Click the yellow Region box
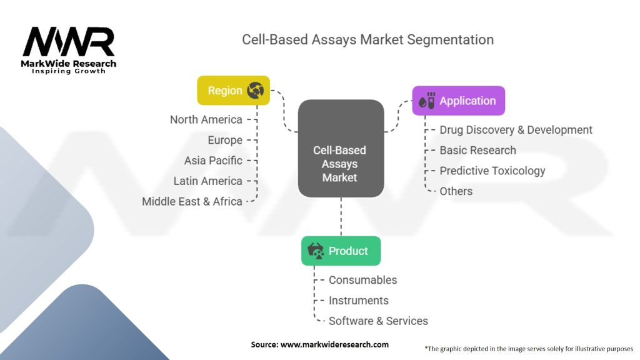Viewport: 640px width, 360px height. point(233,91)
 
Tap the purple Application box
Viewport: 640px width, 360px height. point(458,101)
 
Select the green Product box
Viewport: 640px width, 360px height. point(341,251)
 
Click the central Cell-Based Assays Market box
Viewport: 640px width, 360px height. point(341,164)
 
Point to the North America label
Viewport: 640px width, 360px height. point(206,119)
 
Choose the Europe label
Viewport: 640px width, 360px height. point(225,140)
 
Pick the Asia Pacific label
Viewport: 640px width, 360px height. point(213,161)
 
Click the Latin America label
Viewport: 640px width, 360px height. point(207,181)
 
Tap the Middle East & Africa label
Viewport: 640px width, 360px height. point(192,201)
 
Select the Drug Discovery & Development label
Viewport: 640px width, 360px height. point(516,130)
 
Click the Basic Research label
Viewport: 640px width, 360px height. point(477,150)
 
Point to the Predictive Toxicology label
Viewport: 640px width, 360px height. point(492,171)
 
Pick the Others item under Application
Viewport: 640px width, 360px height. point(456,191)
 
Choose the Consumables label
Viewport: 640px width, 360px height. point(362,280)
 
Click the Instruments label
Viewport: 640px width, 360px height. point(358,301)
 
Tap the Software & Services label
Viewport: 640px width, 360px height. point(378,321)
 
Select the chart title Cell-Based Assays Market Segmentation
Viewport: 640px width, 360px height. point(367,40)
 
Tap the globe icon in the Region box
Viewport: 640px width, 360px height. point(255,91)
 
